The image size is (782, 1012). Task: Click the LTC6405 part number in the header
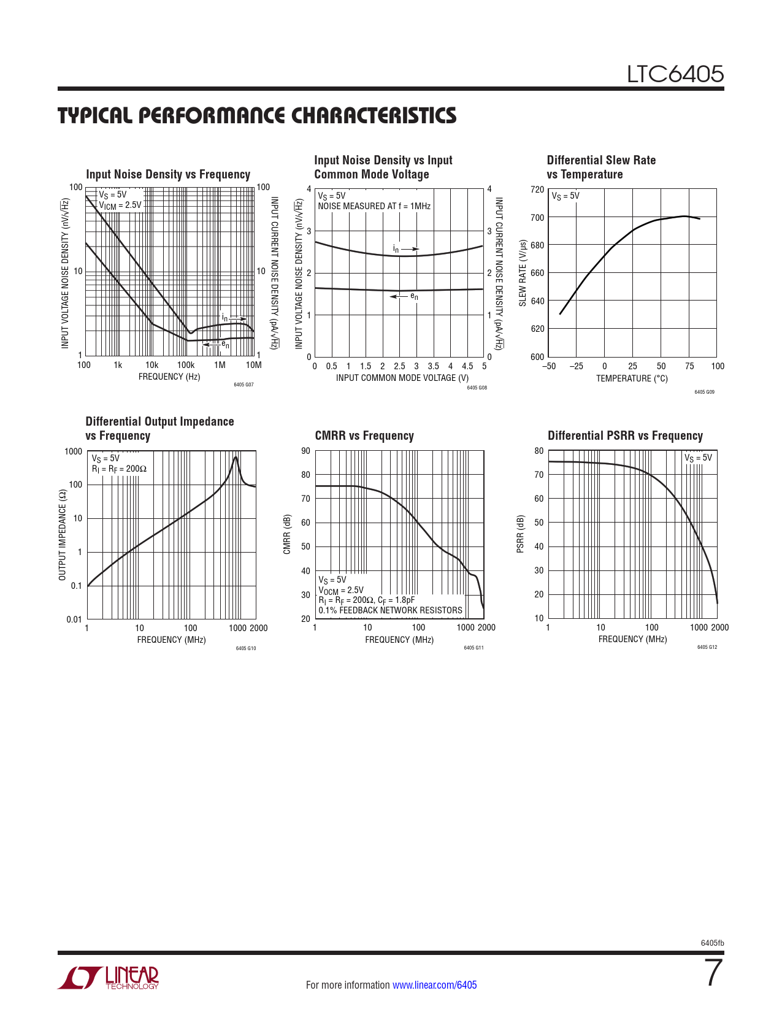[675, 74]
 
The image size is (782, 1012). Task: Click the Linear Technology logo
[109, 978]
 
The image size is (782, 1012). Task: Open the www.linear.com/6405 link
[434, 985]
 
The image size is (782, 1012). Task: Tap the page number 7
[713, 973]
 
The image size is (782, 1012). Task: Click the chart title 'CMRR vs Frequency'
[364, 436]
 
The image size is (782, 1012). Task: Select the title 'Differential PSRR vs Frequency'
[625, 436]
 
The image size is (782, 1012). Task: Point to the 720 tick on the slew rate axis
[537, 190]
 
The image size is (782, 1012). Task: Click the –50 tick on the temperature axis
[548, 367]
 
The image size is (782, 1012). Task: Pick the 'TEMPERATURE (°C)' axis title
[632, 379]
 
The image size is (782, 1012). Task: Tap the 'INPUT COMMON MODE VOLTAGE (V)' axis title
[402, 378]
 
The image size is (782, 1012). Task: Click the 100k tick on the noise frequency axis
[186, 366]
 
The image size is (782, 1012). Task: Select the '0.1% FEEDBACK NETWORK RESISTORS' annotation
[390, 610]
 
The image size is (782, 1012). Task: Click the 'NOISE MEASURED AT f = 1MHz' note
[374, 206]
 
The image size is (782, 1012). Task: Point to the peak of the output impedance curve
[236, 457]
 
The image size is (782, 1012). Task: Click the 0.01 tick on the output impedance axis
[74, 619]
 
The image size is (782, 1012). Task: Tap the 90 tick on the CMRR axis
[305, 451]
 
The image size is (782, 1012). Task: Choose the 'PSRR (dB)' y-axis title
[521, 534]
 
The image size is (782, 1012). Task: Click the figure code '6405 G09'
[704, 392]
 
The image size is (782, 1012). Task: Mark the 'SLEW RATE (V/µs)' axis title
[523, 274]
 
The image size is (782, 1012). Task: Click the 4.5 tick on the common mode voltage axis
[467, 367]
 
